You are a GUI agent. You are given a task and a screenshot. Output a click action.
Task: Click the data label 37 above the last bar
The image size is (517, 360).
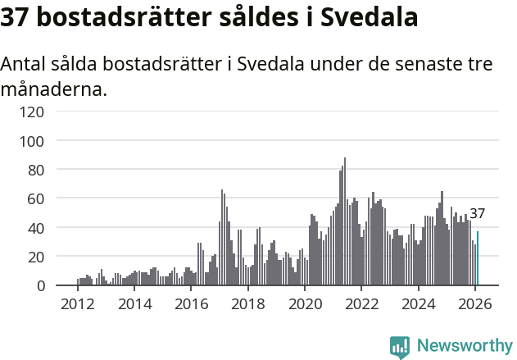point(477,214)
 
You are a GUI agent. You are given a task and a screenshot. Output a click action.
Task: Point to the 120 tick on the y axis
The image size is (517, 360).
point(33,112)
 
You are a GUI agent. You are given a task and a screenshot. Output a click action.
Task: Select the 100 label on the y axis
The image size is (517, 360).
point(33,141)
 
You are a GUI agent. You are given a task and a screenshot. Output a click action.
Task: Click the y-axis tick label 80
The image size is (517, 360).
point(36,170)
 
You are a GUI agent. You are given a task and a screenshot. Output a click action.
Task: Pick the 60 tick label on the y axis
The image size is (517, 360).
point(36,198)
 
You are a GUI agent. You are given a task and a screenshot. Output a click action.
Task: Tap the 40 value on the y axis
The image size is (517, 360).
point(36,227)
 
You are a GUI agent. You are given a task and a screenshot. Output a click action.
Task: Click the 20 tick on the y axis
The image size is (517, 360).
point(36,257)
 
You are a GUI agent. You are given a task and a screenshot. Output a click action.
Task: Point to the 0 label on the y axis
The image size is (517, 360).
point(40,285)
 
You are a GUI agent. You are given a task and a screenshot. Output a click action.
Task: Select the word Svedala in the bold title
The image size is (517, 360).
point(369,17)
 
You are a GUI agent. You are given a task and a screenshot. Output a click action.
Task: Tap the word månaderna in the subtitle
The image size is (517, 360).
point(54,89)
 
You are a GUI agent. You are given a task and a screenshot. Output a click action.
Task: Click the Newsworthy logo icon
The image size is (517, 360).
point(400,347)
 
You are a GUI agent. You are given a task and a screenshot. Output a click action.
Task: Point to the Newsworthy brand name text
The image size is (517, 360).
point(464,346)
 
